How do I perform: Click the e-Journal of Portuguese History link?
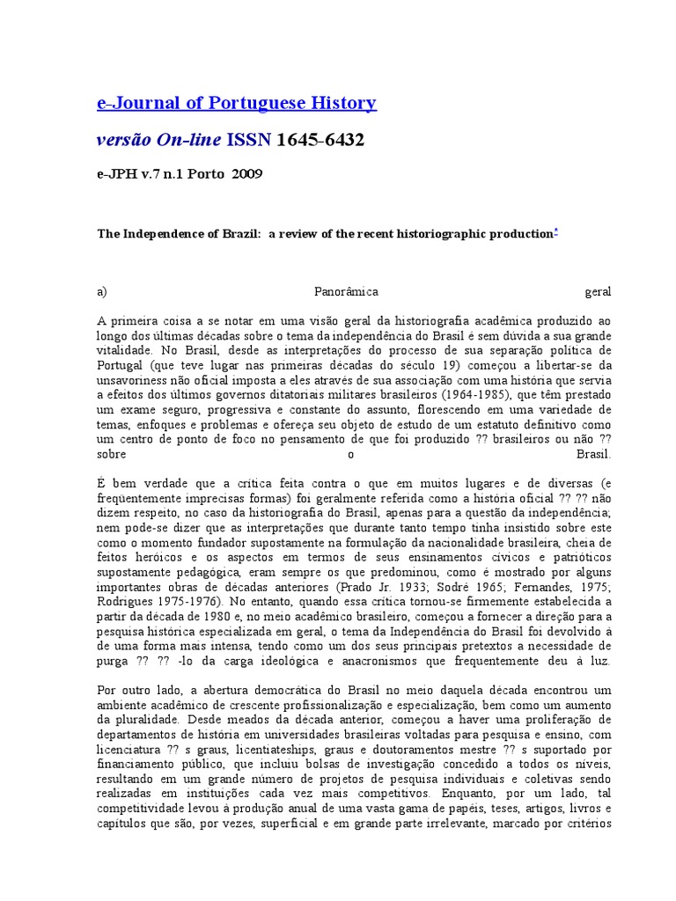point(236,104)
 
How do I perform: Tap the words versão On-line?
point(158,140)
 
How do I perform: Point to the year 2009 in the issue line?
point(247,173)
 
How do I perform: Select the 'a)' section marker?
point(102,291)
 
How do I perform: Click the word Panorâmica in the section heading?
point(347,291)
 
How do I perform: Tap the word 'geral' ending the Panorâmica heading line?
point(598,291)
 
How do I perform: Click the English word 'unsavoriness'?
point(134,380)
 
